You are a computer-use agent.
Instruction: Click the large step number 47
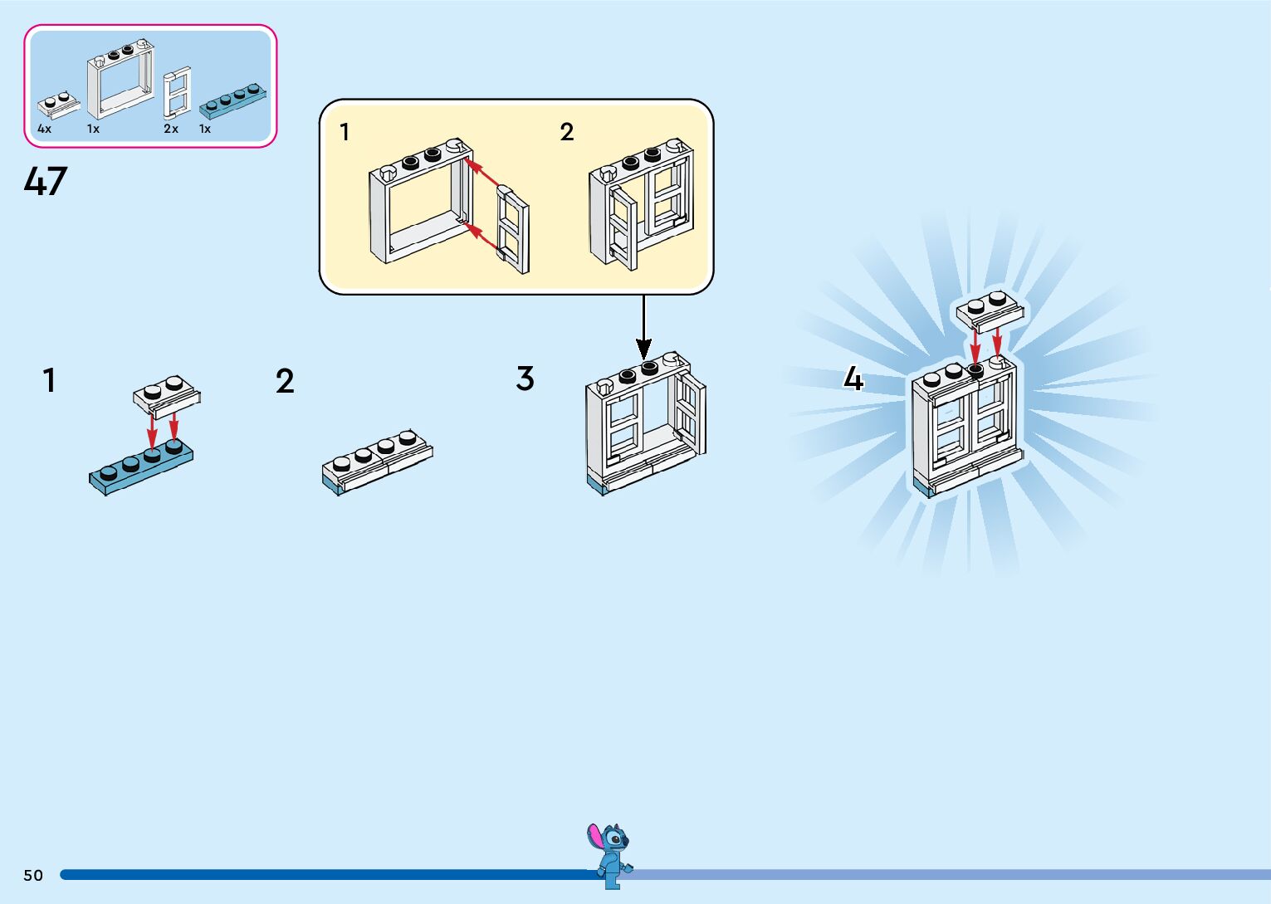click(46, 181)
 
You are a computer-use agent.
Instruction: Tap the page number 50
click(33, 875)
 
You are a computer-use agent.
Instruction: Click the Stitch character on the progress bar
click(611, 855)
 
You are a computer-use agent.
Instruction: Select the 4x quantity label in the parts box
click(44, 129)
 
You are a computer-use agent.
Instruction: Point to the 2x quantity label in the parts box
click(171, 129)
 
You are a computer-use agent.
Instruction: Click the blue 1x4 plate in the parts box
click(233, 100)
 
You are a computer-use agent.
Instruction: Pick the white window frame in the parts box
click(120, 80)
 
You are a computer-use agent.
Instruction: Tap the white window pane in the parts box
click(178, 91)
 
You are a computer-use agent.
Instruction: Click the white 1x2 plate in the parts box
click(58, 104)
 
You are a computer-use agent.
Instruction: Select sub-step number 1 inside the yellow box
click(345, 132)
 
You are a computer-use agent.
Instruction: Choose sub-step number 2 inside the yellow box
click(567, 132)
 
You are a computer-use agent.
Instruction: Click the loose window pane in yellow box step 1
click(513, 230)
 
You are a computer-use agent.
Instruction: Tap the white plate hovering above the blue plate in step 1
click(167, 393)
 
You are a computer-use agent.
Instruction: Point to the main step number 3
click(525, 379)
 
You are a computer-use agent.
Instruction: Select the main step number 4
click(853, 379)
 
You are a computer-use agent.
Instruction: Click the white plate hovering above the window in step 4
click(990, 310)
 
